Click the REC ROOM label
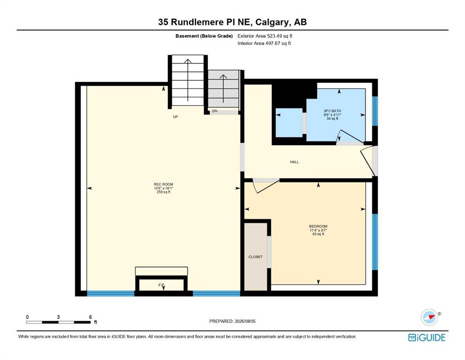tap(163, 184)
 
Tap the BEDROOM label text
tap(318, 226)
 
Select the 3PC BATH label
tap(332, 111)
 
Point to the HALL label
tap(295, 162)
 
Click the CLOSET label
tap(255, 257)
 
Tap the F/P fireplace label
tap(162, 285)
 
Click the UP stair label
tap(176, 117)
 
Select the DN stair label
tap(215, 111)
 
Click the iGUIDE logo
tap(427, 337)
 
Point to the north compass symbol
tap(429, 317)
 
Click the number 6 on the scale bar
tap(90, 317)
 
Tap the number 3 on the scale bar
tap(59, 317)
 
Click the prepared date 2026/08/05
tap(245, 321)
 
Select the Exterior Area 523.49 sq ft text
tap(265, 36)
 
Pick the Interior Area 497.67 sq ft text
tap(264, 43)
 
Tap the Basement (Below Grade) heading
tap(204, 36)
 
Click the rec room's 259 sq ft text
tap(163, 192)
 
